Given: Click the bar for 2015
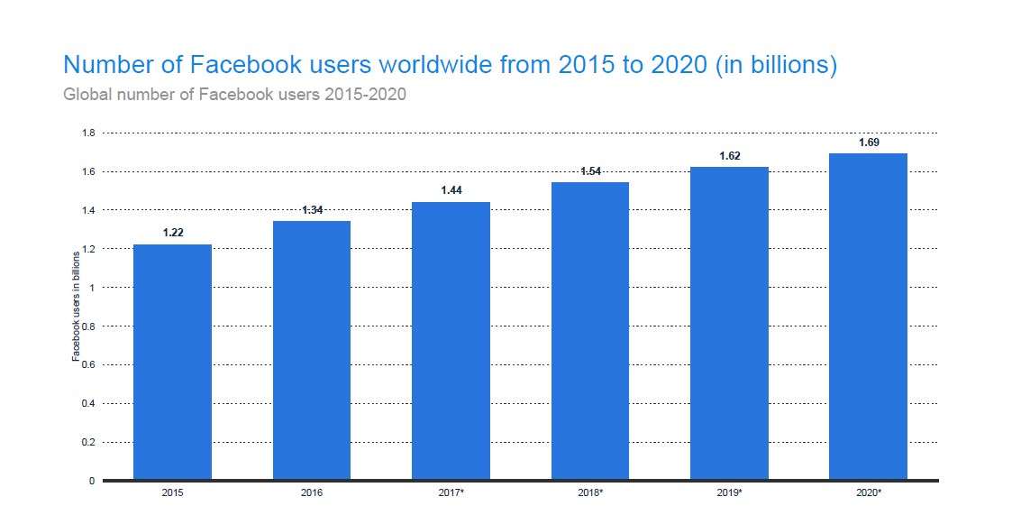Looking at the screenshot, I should (172, 362).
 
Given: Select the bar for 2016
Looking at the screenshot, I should (311, 350).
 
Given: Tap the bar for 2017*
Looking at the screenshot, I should (451, 340).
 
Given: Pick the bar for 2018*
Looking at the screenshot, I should (589, 330).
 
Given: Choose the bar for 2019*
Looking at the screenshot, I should (729, 323).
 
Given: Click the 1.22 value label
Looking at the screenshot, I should (172, 233).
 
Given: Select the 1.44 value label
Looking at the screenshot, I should (451, 190).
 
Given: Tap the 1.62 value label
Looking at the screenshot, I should (729, 156).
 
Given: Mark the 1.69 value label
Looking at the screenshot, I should (868, 143).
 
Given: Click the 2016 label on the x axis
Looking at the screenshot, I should (311, 494).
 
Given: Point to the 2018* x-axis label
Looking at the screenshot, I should (589, 494).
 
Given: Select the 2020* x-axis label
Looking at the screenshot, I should (868, 494).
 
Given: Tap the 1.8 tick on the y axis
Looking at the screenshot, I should (88, 133).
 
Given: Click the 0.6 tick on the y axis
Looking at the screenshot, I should (88, 365).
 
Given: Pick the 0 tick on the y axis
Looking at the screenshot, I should (91, 481).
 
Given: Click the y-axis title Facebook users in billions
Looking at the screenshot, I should (76, 308).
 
